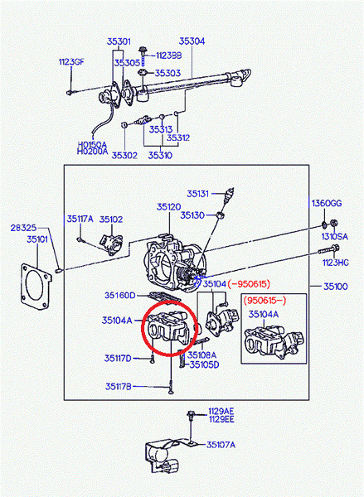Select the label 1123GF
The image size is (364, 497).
point(71,61)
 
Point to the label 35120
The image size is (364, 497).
point(168,207)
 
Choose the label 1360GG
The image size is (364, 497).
point(326,203)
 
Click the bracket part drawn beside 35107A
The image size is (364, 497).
point(165,454)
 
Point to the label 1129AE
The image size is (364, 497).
point(221,411)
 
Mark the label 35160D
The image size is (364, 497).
point(119,295)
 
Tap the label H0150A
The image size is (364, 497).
point(92,144)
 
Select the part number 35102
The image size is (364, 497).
point(111,220)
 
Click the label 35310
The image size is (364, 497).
point(160,155)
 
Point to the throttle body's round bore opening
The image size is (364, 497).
point(161,264)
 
